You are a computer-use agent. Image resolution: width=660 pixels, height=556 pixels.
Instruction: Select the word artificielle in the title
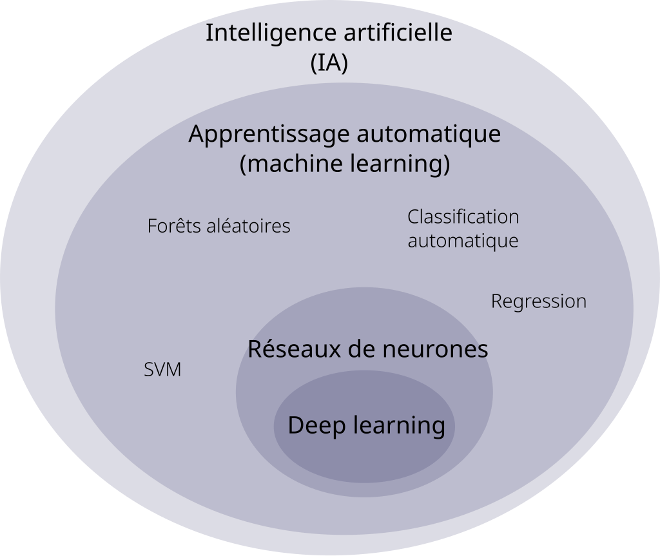click(x=398, y=32)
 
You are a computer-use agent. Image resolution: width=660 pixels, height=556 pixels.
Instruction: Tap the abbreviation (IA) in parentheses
click(x=329, y=64)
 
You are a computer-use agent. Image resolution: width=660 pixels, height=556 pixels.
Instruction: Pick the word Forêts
click(x=173, y=225)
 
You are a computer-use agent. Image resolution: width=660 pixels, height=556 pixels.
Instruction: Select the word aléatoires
click(x=248, y=225)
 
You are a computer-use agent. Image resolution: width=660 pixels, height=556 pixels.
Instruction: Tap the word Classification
click(x=463, y=216)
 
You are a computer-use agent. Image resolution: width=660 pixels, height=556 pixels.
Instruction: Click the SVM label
click(x=162, y=370)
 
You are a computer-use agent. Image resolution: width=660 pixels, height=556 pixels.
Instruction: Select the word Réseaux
click(x=296, y=349)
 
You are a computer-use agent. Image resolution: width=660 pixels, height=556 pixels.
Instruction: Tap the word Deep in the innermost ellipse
click(x=316, y=426)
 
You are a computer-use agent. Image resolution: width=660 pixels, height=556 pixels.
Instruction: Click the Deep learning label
click(x=367, y=426)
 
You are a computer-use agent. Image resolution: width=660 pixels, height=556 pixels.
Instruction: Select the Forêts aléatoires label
click(x=219, y=225)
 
